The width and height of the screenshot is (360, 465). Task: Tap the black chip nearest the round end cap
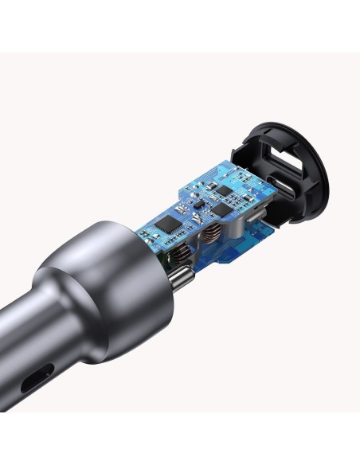tap(225, 193)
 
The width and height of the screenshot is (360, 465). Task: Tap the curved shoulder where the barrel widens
tap(60, 307)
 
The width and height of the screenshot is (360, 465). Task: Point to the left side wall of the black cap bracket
tap(239, 159)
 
